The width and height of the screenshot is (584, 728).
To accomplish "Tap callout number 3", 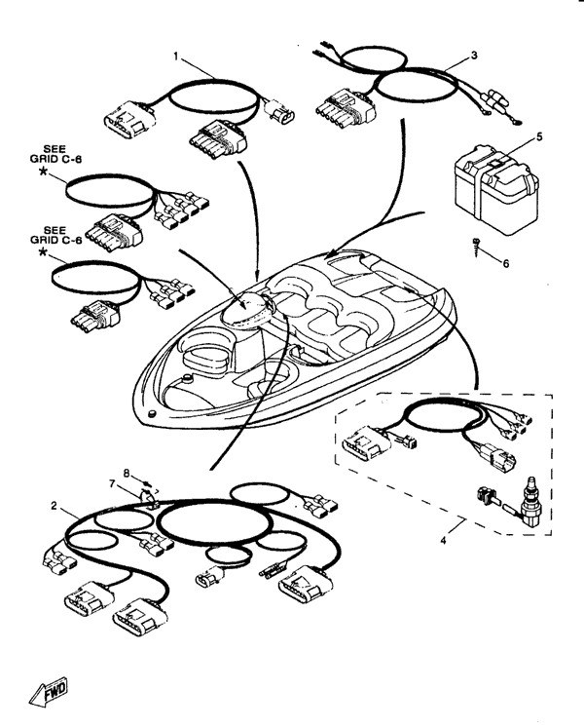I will pos(473,56).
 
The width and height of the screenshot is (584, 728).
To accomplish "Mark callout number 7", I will pos(113,484).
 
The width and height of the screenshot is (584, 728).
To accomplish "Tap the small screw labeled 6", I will pos(476,246).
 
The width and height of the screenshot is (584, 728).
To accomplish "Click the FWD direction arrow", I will pos(49,693).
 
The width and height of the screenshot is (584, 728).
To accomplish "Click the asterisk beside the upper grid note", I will pos(43,172).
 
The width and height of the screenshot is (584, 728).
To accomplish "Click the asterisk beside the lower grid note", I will pos(43,253).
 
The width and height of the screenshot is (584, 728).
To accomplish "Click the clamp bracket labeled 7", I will pos(151,500).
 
